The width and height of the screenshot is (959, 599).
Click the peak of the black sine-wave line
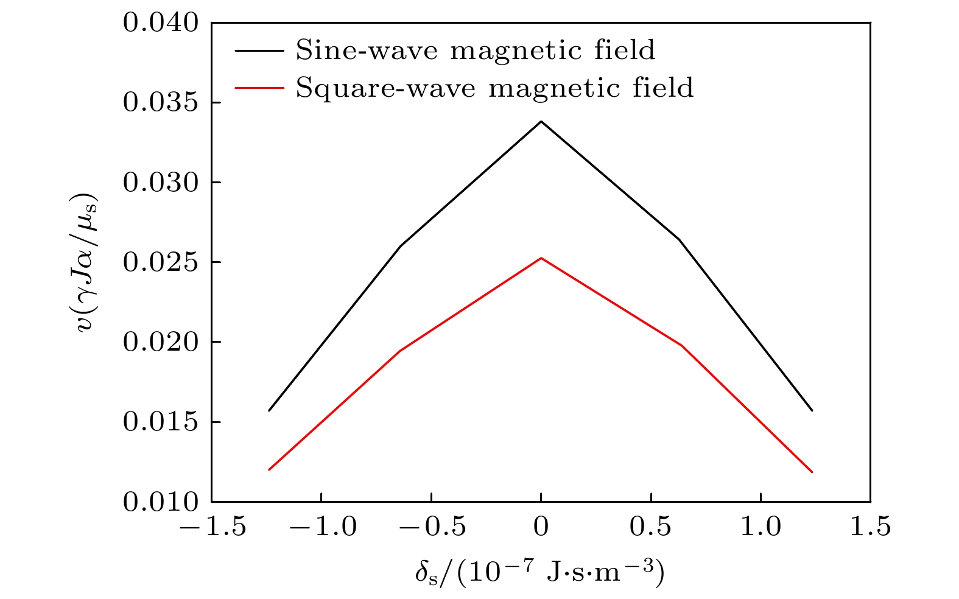(541, 122)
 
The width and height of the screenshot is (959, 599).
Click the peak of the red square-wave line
(541, 258)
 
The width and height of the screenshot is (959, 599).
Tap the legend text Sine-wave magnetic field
(476, 50)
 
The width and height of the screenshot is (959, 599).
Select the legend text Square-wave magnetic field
(494, 88)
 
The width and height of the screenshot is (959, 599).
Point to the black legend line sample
(259, 51)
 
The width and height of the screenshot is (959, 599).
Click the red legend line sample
(259, 88)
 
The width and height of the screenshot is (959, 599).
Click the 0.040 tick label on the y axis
(161, 23)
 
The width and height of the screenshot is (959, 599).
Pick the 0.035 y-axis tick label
(161, 103)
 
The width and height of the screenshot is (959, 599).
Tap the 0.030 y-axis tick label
(161, 183)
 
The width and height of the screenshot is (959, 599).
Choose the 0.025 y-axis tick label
(161, 262)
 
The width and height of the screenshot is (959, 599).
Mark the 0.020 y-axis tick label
(161, 342)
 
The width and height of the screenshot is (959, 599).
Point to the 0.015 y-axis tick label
(161, 422)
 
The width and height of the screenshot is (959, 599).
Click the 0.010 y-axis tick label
(161, 502)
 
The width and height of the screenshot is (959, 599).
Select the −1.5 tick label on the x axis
(212, 527)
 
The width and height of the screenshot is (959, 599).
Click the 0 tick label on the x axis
(541, 527)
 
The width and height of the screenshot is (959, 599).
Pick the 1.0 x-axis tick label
(761, 527)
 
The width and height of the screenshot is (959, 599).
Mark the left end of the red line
(269, 469)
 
